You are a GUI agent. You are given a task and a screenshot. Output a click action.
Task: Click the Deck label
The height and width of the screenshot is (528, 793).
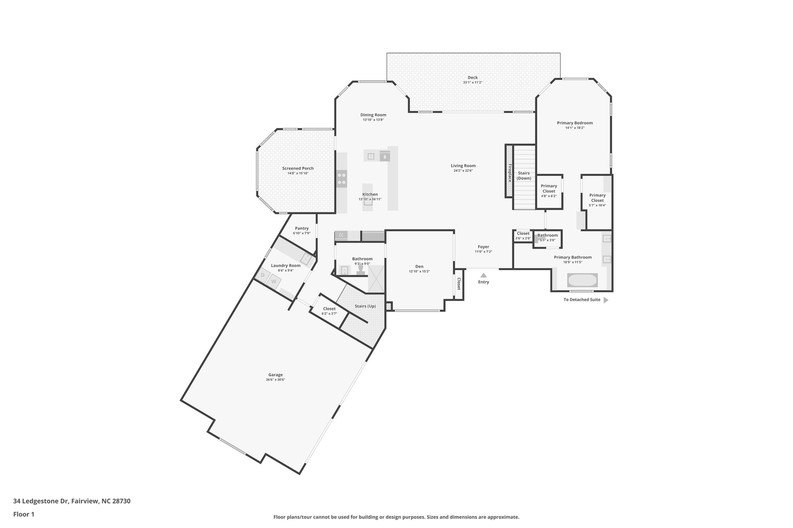[472, 77]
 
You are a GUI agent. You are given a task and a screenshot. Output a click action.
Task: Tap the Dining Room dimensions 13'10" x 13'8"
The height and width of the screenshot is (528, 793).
[373, 120]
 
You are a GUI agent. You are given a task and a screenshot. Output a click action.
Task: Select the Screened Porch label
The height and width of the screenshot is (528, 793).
[298, 168]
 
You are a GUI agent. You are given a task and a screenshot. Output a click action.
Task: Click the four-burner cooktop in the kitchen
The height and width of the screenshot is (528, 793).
[342, 179]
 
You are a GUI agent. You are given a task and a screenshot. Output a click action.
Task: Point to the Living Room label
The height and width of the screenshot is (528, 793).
[463, 166]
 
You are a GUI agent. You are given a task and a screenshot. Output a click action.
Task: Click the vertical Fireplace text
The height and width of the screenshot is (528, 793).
[510, 173]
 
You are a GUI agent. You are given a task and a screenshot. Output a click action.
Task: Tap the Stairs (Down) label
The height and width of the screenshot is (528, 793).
[524, 176]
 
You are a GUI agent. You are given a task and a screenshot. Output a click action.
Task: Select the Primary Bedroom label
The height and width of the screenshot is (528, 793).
[575, 123]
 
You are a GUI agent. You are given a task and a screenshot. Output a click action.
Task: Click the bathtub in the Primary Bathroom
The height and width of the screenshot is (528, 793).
[582, 280]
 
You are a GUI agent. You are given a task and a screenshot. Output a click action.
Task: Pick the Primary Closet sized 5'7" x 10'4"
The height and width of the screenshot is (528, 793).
[597, 198]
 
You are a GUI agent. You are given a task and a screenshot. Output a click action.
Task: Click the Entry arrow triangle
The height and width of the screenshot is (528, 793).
[483, 275]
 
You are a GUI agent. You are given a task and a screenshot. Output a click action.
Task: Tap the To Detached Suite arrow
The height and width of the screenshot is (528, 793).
[606, 300]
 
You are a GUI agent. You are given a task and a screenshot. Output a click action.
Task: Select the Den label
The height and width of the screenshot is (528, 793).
[419, 267]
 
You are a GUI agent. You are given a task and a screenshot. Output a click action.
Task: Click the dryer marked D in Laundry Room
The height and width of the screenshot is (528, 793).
[263, 275]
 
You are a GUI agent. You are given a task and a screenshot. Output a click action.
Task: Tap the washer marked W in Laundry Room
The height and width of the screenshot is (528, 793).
[274, 281]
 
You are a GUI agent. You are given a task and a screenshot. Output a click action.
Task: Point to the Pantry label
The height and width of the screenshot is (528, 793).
[302, 228]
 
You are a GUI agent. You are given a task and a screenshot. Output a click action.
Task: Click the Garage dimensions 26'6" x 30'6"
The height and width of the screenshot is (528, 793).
[275, 380]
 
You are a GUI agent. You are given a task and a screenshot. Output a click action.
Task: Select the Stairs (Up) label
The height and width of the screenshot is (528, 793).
[365, 306]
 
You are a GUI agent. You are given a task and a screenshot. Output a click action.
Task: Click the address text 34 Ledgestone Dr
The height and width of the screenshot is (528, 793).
[41, 501]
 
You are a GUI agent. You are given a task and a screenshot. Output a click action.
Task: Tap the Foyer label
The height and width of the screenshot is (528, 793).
[483, 247]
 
